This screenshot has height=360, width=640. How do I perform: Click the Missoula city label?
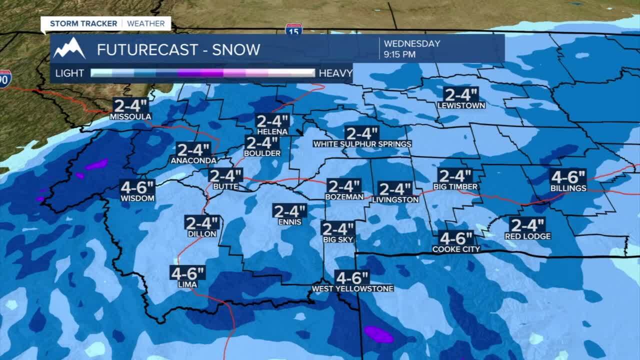(130, 116)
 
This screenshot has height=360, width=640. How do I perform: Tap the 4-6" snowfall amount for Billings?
(568, 177)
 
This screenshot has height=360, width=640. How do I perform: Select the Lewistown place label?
(461, 105)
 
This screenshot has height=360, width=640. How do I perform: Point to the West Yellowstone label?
(352, 288)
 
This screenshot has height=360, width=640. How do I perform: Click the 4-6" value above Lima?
(187, 273)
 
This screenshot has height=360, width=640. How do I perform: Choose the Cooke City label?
(456, 249)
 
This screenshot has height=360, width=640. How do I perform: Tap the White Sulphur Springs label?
(362, 144)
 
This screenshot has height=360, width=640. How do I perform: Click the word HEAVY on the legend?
(335, 73)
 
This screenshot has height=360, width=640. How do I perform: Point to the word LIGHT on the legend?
(69, 73)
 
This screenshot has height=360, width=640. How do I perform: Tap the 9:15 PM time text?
(399, 54)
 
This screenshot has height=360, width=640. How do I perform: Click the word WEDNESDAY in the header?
(412, 43)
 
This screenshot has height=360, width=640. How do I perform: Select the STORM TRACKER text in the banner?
(83, 23)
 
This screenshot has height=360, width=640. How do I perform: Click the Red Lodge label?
(527, 236)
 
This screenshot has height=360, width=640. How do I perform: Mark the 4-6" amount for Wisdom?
(137, 187)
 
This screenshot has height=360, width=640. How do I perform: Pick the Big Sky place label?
(338, 239)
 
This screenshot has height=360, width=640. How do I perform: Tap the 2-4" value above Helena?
(272, 121)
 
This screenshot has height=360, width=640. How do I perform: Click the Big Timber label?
(455, 187)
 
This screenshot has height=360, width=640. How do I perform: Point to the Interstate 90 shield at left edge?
(4, 78)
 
